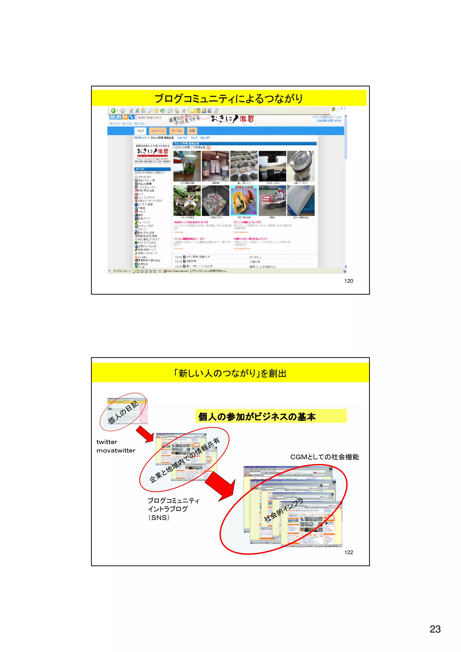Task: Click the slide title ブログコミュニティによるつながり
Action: pos(229,99)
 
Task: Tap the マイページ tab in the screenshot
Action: pos(158,131)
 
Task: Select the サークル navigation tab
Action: pos(176,131)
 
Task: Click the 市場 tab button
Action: pos(192,131)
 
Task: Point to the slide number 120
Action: pos(348,281)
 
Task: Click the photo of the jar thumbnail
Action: pos(187,166)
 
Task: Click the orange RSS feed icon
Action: pos(209,148)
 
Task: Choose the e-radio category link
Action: pos(142,257)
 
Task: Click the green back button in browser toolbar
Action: pos(113,111)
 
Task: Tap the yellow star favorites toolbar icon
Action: pos(156,111)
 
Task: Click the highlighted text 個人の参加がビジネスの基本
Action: pos(257,417)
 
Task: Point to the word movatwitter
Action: pos(116,450)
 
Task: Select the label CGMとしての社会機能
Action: pos(324,457)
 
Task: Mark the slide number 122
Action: pos(348,552)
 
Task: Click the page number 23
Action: pos(435,629)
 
